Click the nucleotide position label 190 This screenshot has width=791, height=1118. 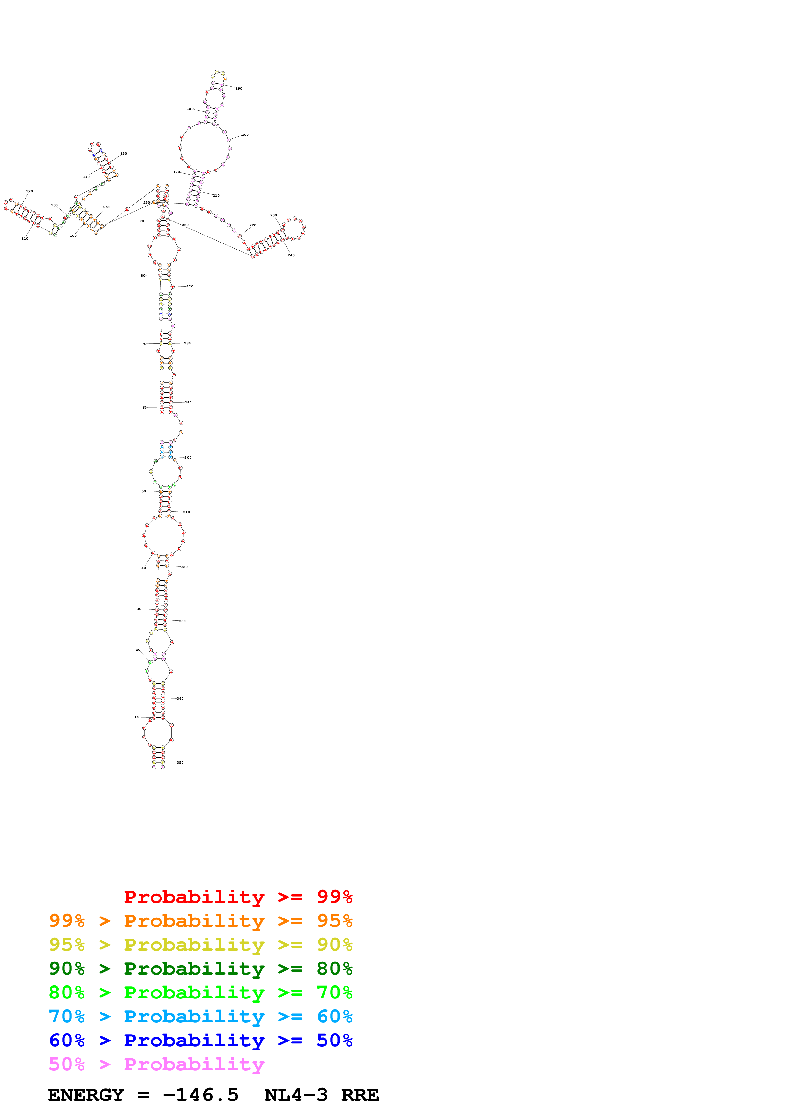pos(239,89)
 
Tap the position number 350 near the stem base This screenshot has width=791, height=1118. pos(180,763)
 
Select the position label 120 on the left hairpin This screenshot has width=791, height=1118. pos(29,191)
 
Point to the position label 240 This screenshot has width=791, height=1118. pos(291,255)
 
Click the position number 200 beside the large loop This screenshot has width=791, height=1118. pos(245,135)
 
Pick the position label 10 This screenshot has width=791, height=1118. pos(137,717)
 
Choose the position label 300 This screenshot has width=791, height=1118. pos(188,458)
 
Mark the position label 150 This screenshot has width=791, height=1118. pos(124,153)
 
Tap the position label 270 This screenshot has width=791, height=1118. pos(190,286)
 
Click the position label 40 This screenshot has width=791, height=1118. pos(143,568)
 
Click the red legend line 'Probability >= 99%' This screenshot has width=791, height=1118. pos(238,897)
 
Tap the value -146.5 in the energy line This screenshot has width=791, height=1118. pos(201,1095)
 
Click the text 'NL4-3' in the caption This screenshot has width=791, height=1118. pos(296,1095)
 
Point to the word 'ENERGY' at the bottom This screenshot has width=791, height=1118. pos(86,1095)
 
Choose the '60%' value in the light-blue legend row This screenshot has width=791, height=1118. pos(334,1016)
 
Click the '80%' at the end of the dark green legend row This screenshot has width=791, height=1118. pos(334,969)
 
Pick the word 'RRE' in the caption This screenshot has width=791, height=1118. pos(360,1095)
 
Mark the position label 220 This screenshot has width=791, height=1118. pos(252,225)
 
